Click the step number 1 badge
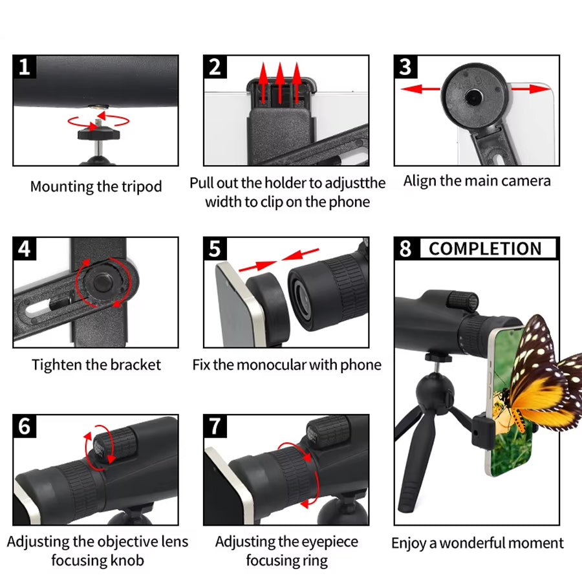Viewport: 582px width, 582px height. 24,67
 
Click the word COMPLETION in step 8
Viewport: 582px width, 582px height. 485,249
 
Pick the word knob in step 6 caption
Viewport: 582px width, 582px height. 126,559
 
